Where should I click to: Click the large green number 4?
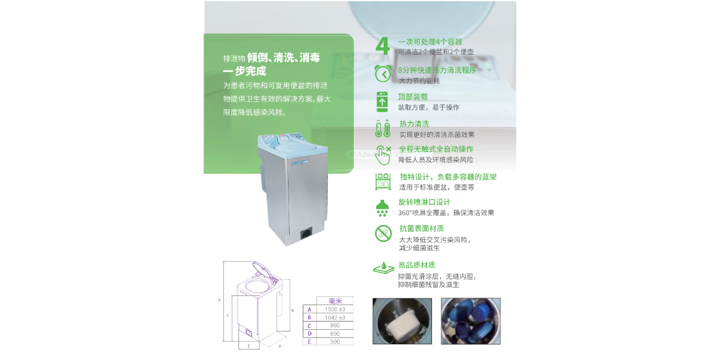point(382,47)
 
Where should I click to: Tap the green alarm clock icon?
point(382,73)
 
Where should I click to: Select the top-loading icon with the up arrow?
point(382,101)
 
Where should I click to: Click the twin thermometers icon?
point(382,128)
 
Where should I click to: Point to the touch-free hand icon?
point(383,154)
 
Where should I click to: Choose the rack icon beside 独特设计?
point(383,181)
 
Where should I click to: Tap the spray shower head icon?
point(382,208)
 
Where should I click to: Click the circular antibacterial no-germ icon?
point(383,233)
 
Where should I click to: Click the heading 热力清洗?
point(414,124)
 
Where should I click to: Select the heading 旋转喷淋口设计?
point(424,202)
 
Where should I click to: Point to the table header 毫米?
point(334,301)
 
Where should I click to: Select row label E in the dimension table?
point(309,341)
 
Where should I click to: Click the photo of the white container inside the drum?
point(402,321)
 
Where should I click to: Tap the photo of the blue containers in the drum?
point(470,321)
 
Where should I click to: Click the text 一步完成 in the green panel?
point(245,71)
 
